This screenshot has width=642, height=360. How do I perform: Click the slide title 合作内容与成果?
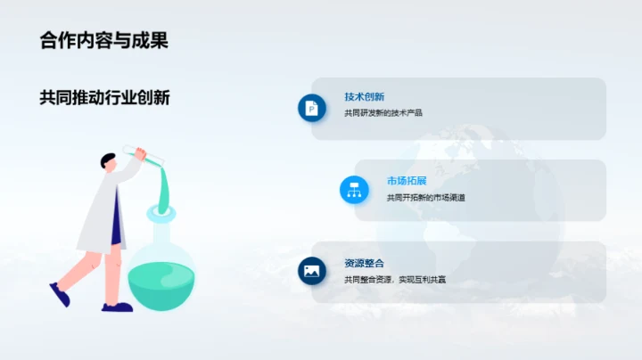104,40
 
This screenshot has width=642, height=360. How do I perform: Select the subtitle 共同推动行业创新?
104,97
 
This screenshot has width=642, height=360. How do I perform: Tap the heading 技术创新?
364,96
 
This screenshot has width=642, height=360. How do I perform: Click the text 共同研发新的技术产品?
383,112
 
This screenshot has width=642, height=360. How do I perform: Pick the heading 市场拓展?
406,181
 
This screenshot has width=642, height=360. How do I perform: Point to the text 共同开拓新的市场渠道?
425,197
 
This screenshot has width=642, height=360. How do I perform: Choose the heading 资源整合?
364,264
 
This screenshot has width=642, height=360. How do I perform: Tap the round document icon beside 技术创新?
311,108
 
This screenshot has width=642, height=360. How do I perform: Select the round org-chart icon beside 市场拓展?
354,189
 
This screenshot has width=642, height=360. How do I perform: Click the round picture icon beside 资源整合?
311,271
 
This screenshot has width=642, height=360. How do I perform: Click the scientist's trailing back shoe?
60,295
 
